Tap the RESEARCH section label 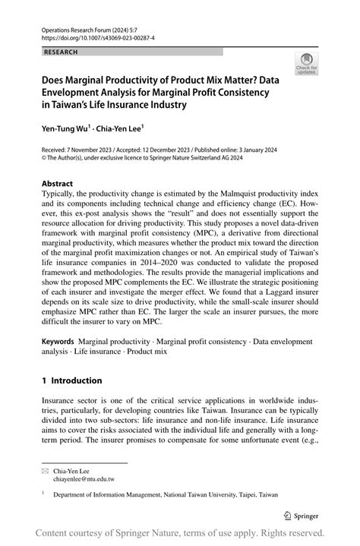[63, 52]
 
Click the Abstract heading [58, 184]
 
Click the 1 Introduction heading [71, 380]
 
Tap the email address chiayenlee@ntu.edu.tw [84, 479]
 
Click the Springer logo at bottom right [303, 515]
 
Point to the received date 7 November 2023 [95, 151]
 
